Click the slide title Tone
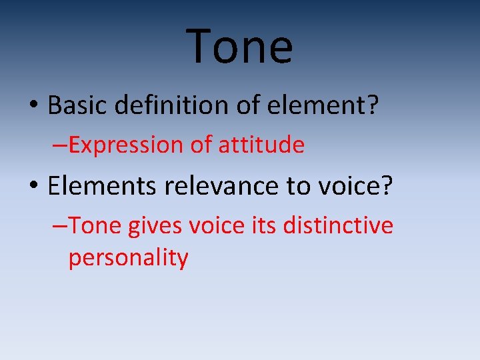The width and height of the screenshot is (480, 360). pyautogui.click(x=239, y=46)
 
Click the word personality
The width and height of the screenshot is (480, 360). pyautogui.click(x=128, y=258)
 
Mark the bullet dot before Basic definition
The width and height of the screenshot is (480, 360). pyautogui.click(x=33, y=105)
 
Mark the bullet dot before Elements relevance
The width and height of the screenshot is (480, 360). pyautogui.click(x=33, y=187)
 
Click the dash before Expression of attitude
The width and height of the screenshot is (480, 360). pyautogui.click(x=59, y=145)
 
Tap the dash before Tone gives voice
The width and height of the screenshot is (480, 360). pyautogui.click(x=59, y=227)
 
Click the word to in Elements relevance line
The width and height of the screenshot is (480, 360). pyautogui.click(x=298, y=187)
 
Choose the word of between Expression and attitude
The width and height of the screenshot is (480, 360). pyautogui.click(x=199, y=145)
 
